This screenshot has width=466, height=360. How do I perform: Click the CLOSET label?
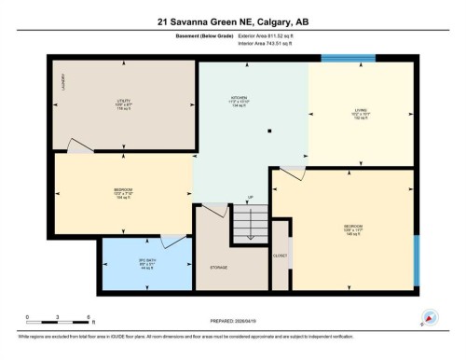pos(280,255)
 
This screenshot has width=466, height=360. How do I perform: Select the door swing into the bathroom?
pos(171,241)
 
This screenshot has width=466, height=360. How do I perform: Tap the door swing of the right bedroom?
pos(292,173)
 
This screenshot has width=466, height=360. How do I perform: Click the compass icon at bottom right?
pos(430,317)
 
